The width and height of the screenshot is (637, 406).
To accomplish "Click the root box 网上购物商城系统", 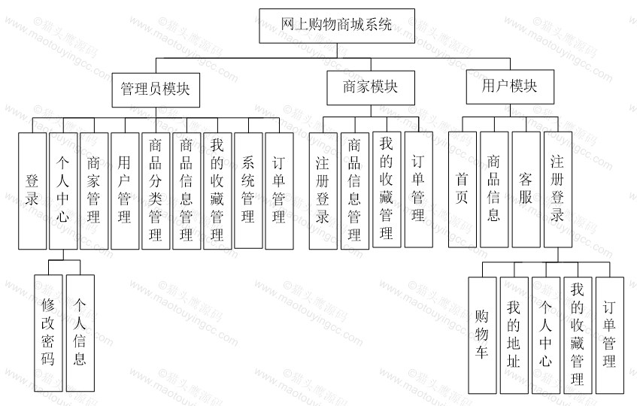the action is (337, 26).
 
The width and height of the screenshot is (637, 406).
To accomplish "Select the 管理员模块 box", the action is (156, 89).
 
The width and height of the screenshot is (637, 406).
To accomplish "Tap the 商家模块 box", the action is (371, 88).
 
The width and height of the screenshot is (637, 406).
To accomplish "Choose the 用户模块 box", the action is (510, 86).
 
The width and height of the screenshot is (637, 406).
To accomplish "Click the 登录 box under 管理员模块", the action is (32, 191).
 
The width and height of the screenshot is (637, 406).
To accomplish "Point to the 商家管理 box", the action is (94, 191).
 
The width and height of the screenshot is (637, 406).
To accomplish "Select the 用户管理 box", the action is (125, 191).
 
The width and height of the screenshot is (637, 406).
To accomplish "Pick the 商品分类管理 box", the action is (156, 191).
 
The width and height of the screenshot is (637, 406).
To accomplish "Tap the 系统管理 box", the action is (248, 190).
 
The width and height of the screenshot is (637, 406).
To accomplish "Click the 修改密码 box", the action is (48, 333).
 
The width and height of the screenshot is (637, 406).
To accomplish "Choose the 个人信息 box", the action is (80, 333).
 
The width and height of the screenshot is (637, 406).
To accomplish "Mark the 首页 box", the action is (463, 189).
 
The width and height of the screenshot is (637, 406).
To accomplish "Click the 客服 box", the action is (526, 189).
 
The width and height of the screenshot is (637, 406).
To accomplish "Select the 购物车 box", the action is (482, 335).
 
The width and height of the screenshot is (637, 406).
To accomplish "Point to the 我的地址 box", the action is (514, 335).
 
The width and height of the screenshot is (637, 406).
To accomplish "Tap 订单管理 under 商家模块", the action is (418, 189).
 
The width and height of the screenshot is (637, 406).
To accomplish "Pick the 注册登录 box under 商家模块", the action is (323, 191).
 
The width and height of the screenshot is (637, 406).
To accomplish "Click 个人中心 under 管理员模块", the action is (63, 191).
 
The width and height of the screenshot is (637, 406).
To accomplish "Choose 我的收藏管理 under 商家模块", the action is (387, 189).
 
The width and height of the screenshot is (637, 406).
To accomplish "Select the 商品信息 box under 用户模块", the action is (494, 189).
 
